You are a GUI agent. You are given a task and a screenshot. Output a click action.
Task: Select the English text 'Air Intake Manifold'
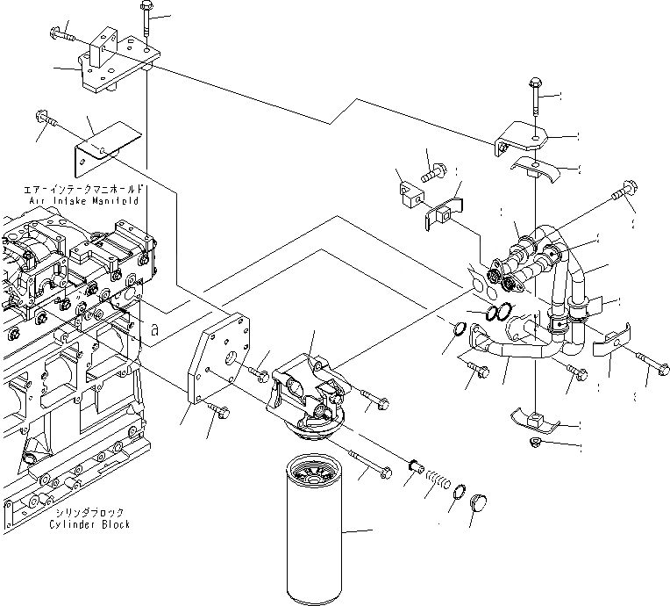85,201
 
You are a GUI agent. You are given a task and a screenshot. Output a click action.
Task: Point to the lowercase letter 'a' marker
155,330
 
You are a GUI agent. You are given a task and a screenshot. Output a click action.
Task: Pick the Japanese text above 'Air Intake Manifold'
85,190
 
